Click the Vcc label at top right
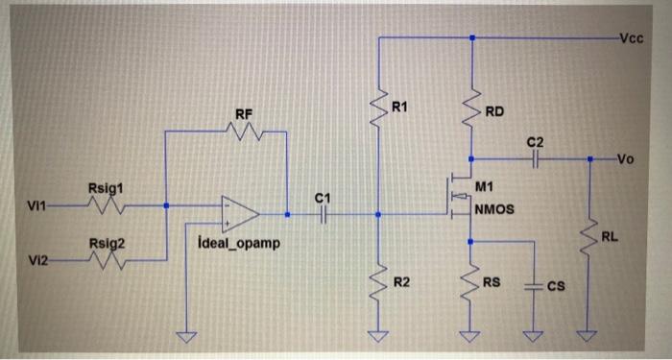[631, 38]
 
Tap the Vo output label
[628, 159]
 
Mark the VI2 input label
[38, 260]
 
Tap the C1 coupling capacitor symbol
[324, 215]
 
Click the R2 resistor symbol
[379, 279]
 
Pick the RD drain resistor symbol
[471, 112]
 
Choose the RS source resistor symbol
[471, 284]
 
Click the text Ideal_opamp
[236, 243]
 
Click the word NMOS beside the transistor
[494, 207]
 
